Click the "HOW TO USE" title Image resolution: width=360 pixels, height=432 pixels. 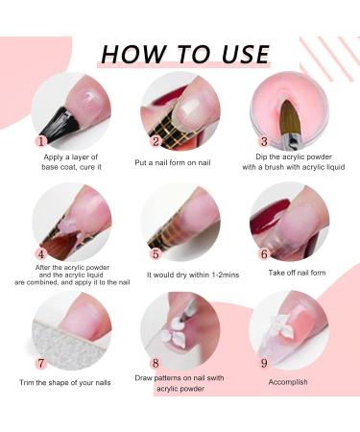[x=185, y=54]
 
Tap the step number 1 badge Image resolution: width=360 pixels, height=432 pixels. [x=41, y=141]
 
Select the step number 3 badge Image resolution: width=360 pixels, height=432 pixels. [x=264, y=141]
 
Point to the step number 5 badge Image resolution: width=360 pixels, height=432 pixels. [x=156, y=254]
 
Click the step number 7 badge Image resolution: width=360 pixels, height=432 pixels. [x=41, y=364]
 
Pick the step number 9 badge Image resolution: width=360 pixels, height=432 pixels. [x=264, y=364]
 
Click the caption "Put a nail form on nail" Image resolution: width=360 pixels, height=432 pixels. [x=173, y=162]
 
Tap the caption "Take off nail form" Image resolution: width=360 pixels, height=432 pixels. [x=297, y=273]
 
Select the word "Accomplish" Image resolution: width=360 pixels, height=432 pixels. [x=288, y=382]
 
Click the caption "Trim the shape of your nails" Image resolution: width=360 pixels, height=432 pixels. [x=65, y=383]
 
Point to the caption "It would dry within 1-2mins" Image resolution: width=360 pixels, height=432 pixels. [x=193, y=275]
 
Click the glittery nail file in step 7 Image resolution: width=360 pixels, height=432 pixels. [x=65, y=346]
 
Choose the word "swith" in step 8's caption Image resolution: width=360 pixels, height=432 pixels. [x=214, y=378]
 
